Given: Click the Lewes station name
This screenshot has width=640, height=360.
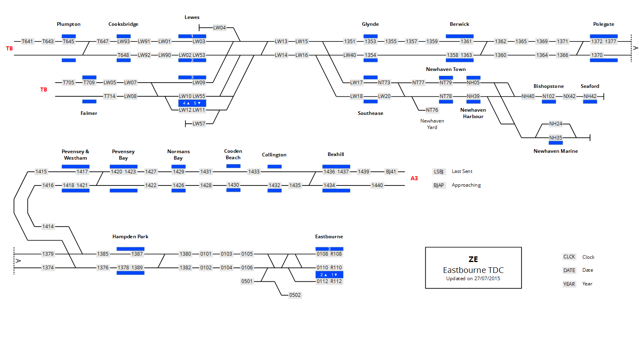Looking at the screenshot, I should pos(192,17).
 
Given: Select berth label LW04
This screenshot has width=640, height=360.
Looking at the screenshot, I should pos(219,28).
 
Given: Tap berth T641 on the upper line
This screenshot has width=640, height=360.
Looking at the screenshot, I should pos(27,42).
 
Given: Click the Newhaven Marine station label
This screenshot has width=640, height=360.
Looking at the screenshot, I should pos(555,151).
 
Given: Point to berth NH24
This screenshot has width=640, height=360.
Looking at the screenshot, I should pos(555,124).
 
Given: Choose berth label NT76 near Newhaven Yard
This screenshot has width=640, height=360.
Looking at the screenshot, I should pos(432,110).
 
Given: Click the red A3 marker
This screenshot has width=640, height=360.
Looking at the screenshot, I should pos(414,178).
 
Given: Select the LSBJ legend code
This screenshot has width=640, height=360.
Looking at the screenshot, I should pos(438,172).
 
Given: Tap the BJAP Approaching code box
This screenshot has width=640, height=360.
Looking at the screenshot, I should pos(438,185).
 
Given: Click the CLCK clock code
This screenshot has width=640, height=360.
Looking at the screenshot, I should pos(569,257).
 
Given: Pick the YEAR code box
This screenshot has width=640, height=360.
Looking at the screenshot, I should pos(569,284).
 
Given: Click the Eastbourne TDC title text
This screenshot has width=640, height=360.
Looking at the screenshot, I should pos(473,270).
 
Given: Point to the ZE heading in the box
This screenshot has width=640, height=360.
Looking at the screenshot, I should pos(473,259).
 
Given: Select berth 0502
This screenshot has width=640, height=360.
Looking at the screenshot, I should pos(295,295).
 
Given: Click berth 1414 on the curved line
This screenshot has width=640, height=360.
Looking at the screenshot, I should pos(48,227).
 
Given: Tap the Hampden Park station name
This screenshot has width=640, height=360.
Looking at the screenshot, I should pos(130,237).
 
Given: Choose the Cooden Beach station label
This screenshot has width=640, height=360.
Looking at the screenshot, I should pos(233,154).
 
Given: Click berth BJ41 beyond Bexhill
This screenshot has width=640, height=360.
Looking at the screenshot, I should pos(391,172).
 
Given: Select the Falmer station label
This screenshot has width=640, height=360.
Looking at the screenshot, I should pos(89,113).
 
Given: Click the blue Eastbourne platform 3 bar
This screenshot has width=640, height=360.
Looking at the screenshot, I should pos(329,249).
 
